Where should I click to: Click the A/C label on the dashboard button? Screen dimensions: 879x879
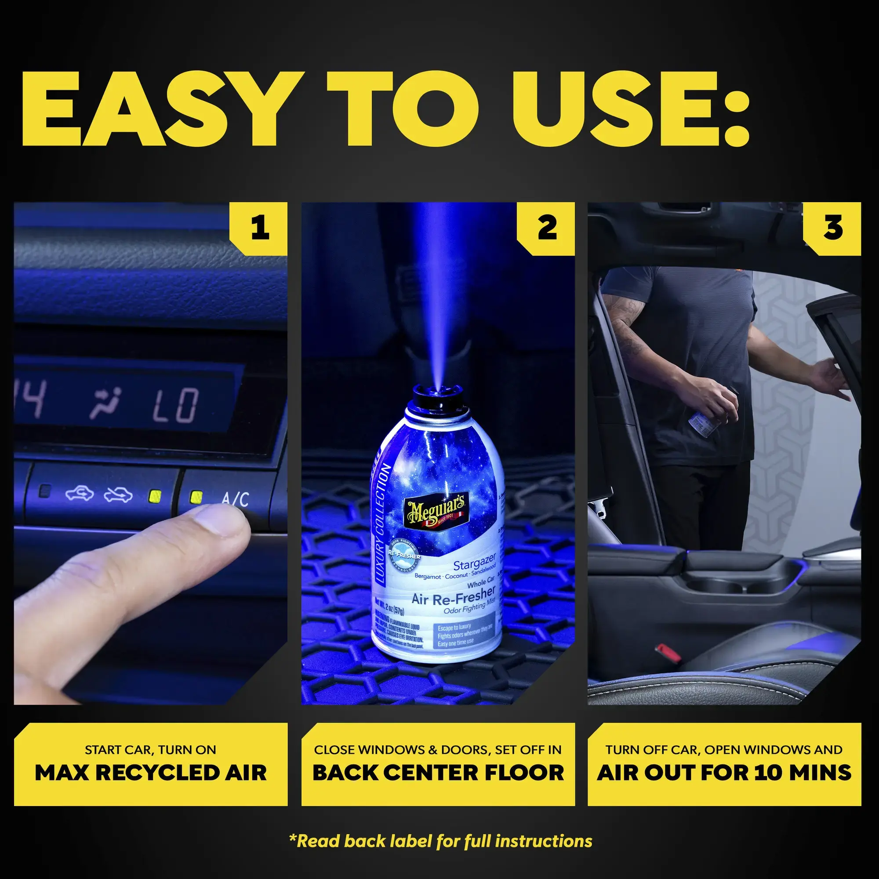[235, 499]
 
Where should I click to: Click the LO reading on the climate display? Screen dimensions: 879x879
[176, 404]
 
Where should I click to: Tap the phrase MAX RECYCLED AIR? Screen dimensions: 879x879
[151, 773]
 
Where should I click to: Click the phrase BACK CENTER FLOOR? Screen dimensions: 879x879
[438, 773]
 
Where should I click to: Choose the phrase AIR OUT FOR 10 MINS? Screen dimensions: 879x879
[724, 773]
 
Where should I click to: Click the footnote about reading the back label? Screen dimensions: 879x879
[440, 841]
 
